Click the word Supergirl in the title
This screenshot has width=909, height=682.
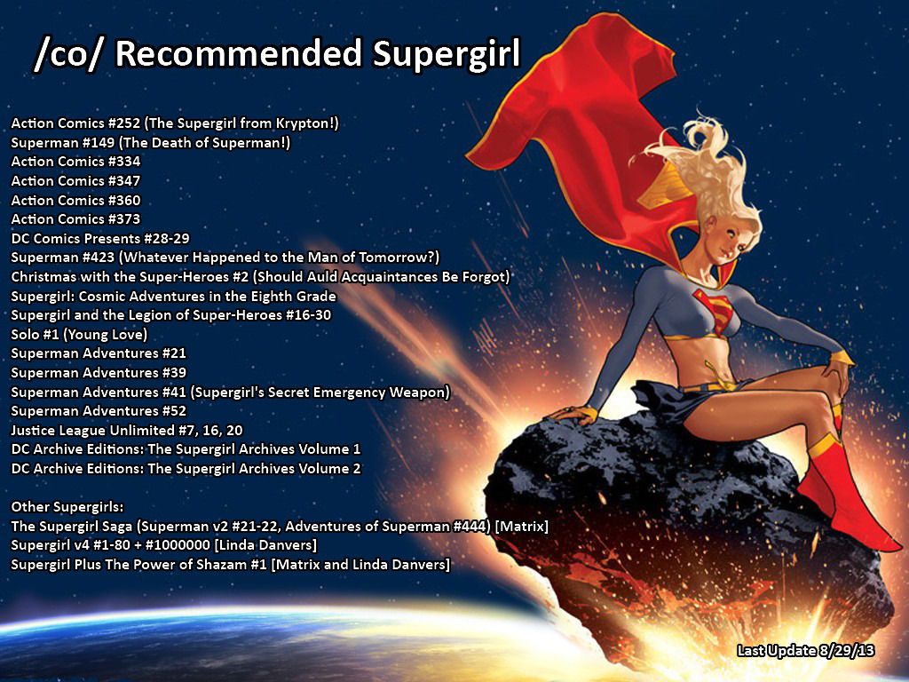447,54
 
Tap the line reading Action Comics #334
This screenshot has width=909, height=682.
76,162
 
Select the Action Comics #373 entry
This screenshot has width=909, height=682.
76,218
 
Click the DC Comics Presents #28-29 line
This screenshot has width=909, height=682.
100,238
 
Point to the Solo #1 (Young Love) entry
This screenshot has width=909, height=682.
79,334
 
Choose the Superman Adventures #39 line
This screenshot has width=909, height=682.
99,372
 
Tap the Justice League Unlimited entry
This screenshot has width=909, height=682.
127,430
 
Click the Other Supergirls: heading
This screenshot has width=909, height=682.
67,507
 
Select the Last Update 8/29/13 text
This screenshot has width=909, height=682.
806,651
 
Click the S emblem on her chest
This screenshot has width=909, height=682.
715,311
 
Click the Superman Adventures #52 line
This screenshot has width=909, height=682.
99,410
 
